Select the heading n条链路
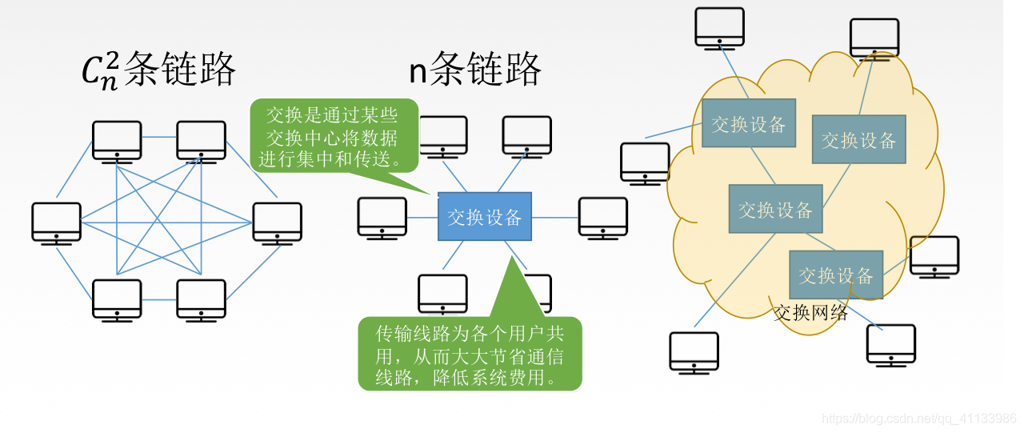point(475,70)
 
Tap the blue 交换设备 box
point(484,216)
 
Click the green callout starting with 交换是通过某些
point(334,136)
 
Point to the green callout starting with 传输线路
point(470,354)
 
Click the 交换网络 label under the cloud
point(810,312)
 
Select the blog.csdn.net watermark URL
point(919,419)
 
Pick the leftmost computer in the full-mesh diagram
point(57,222)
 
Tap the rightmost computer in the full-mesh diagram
point(278,222)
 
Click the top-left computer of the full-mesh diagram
point(117,141)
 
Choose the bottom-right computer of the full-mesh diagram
point(201,299)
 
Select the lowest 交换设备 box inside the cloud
point(836,275)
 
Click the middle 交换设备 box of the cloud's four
point(775,209)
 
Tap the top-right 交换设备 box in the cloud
point(858,139)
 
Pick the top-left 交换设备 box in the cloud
point(748,123)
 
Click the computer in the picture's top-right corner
point(874,38)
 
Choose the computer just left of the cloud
point(645,162)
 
